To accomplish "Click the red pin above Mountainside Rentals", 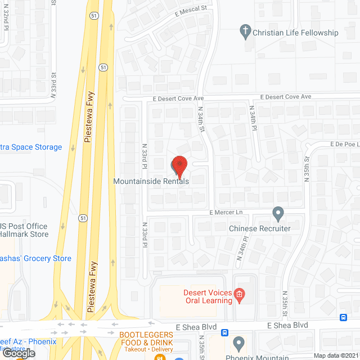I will (x=179, y=165).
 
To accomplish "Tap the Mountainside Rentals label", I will (x=151, y=181).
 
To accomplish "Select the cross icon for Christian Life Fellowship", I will (x=245, y=31).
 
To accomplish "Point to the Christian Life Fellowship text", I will (x=295, y=33).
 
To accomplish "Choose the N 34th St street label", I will (x=201, y=121).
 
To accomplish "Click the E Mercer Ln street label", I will (x=226, y=212).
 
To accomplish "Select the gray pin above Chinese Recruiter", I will (x=278, y=214).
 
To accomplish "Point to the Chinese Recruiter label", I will (x=260, y=228).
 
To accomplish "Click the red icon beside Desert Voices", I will (x=239, y=294).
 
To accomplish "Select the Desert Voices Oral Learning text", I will (x=208, y=296).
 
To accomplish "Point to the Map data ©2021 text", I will (x=335, y=355).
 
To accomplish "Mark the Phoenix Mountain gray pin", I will (x=239, y=343).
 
